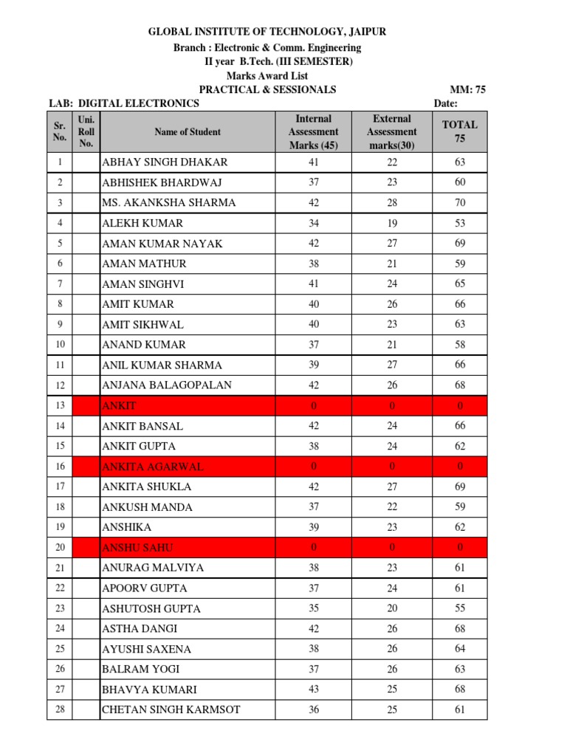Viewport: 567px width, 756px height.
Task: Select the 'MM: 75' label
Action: [470, 89]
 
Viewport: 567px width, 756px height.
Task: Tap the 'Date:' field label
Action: [445, 103]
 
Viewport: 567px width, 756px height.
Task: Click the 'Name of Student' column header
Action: [188, 132]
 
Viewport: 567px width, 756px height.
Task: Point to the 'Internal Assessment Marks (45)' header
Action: [314, 131]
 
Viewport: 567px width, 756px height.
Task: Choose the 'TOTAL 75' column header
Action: [460, 131]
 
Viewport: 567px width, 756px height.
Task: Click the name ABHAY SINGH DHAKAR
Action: [165, 162]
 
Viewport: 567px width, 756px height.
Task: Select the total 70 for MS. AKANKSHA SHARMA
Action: [460, 202]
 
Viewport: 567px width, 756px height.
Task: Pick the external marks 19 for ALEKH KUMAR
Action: [391, 223]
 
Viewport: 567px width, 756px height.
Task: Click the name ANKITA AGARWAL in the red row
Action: [152, 467]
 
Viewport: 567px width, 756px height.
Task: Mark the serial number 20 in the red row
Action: [60, 548]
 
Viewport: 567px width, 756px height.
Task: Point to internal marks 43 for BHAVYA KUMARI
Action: [314, 690]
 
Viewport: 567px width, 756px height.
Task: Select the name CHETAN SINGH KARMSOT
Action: [171, 710]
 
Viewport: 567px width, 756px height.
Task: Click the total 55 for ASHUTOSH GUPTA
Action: [460, 608]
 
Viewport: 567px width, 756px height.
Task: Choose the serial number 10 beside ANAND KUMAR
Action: [60, 345]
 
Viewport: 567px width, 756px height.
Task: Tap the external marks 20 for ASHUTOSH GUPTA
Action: [391, 608]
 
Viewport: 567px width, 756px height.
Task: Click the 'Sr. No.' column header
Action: [60, 131]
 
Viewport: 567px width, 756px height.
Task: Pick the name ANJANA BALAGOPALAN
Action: [167, 385]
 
